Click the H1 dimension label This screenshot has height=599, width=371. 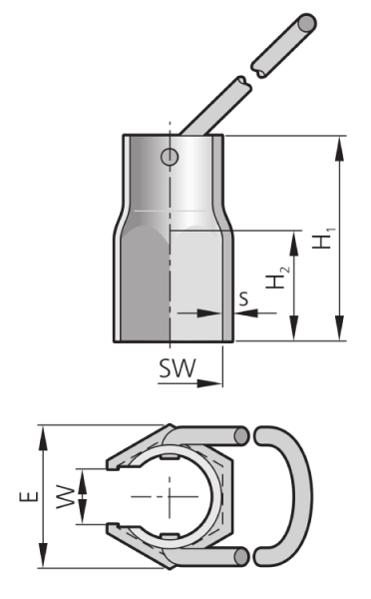pyautogui.click(x=324, y=239)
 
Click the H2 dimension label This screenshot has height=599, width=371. pyautogui.click(x=277, y=278)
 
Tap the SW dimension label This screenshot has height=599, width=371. pyautogui.click(x=178, y=368)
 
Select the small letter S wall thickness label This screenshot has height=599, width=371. pyautogui.click(x=243, y=299)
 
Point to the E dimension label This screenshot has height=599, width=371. pyautogui.click(x=29, y=496)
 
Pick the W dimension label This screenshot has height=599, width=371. pyautogui.click(x=66, y=496)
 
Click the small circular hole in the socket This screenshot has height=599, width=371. pyautogui.click(x=170, y=157)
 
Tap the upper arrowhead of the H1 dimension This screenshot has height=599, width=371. pyautogui.click(x=339, y=149)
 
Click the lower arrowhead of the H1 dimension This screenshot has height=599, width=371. pyautogui.click(x=339, y=327)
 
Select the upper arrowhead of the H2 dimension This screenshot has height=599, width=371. pyautogui.click(x=294, y=244)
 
